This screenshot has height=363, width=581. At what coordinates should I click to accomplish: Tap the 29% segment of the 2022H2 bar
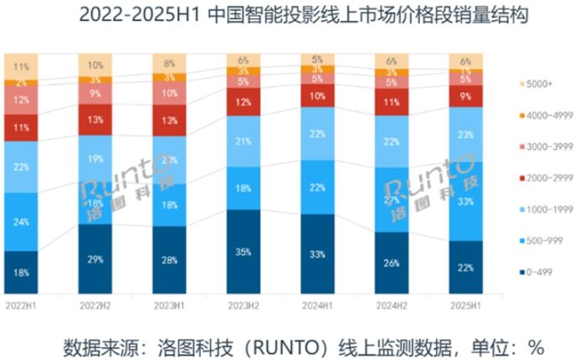click(95, 258)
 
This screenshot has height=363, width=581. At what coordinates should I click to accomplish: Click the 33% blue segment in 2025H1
click(465, 202)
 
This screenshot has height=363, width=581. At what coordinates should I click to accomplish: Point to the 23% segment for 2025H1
click(465, 133)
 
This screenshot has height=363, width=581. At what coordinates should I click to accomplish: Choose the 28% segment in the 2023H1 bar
click(169, 260)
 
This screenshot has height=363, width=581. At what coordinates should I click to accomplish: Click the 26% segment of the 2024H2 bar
click(392, 263)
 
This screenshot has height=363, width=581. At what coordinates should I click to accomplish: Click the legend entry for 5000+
click(537, 84)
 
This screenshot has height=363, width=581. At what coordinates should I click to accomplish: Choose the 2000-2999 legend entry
click(542, 177)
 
